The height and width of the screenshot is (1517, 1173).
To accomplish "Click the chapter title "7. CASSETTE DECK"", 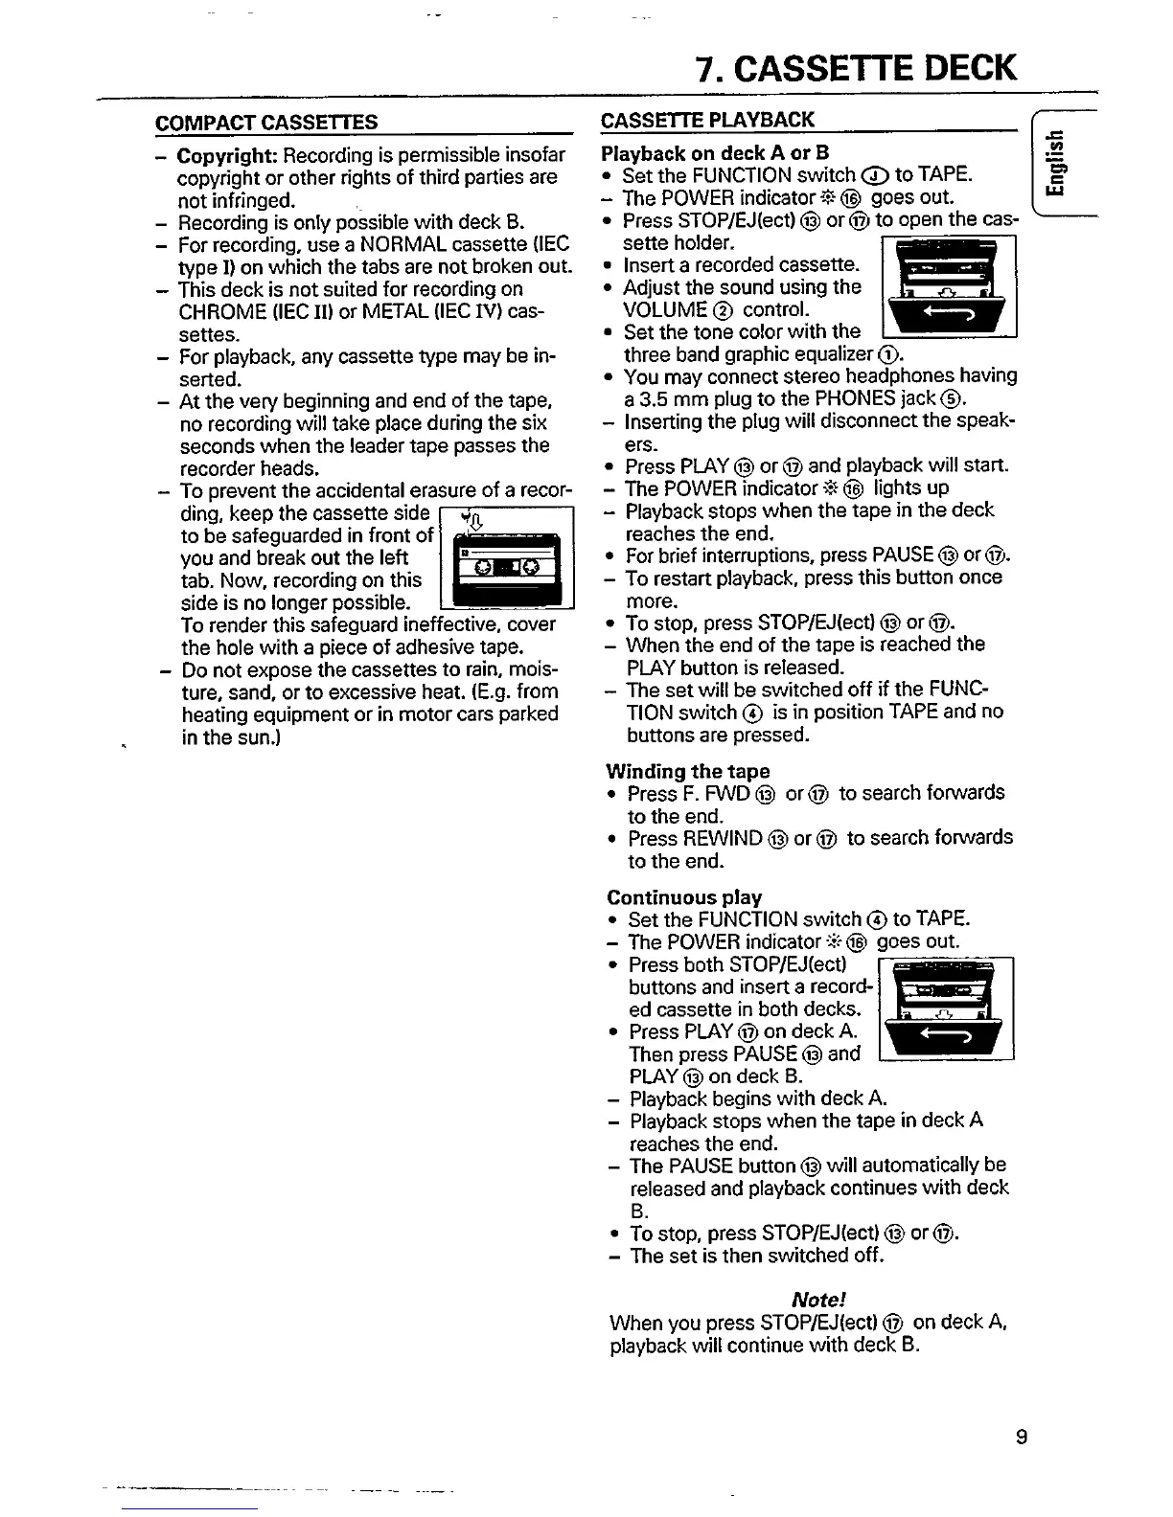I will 856,69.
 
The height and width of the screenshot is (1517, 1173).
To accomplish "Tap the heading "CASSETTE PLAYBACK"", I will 707,119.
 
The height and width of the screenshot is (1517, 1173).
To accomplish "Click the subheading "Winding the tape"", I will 688,771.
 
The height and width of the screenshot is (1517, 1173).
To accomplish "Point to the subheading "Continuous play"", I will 684,897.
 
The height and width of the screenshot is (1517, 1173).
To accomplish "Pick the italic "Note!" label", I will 818,1300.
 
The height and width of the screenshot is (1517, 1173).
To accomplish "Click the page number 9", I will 1022,1437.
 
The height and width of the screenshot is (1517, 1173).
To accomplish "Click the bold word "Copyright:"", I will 228,155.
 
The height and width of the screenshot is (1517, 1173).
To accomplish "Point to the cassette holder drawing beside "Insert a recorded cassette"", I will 947,286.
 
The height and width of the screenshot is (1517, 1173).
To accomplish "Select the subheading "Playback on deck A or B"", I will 715,153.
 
